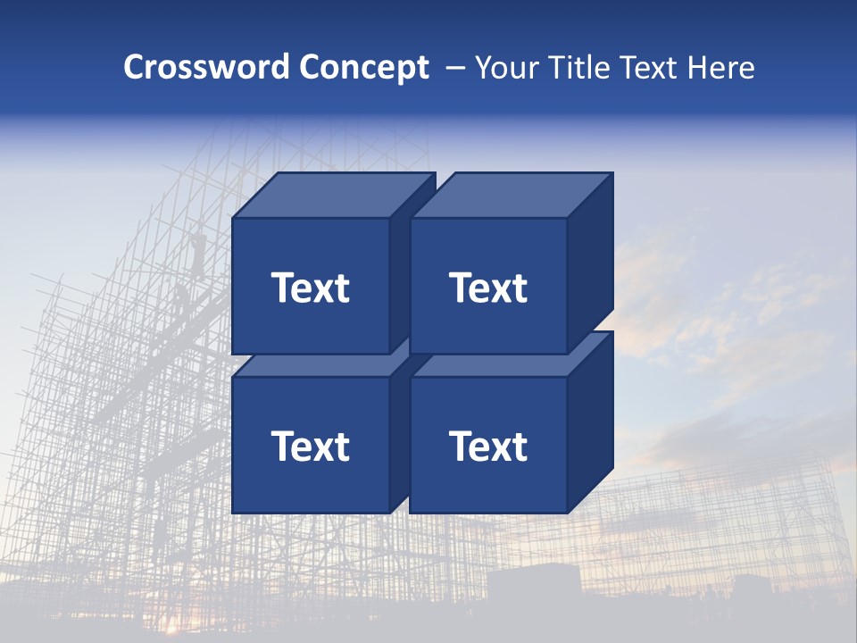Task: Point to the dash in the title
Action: [x=454, y=68]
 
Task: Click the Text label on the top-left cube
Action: [x=311, y=288]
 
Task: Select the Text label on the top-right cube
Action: [x=488, y=288]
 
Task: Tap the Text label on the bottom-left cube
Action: [x=311, y=446]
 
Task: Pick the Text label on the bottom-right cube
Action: [x=488, y=446]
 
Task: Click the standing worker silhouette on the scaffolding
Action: [x=197, y=250]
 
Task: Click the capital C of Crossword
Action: [x=134, y=67]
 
